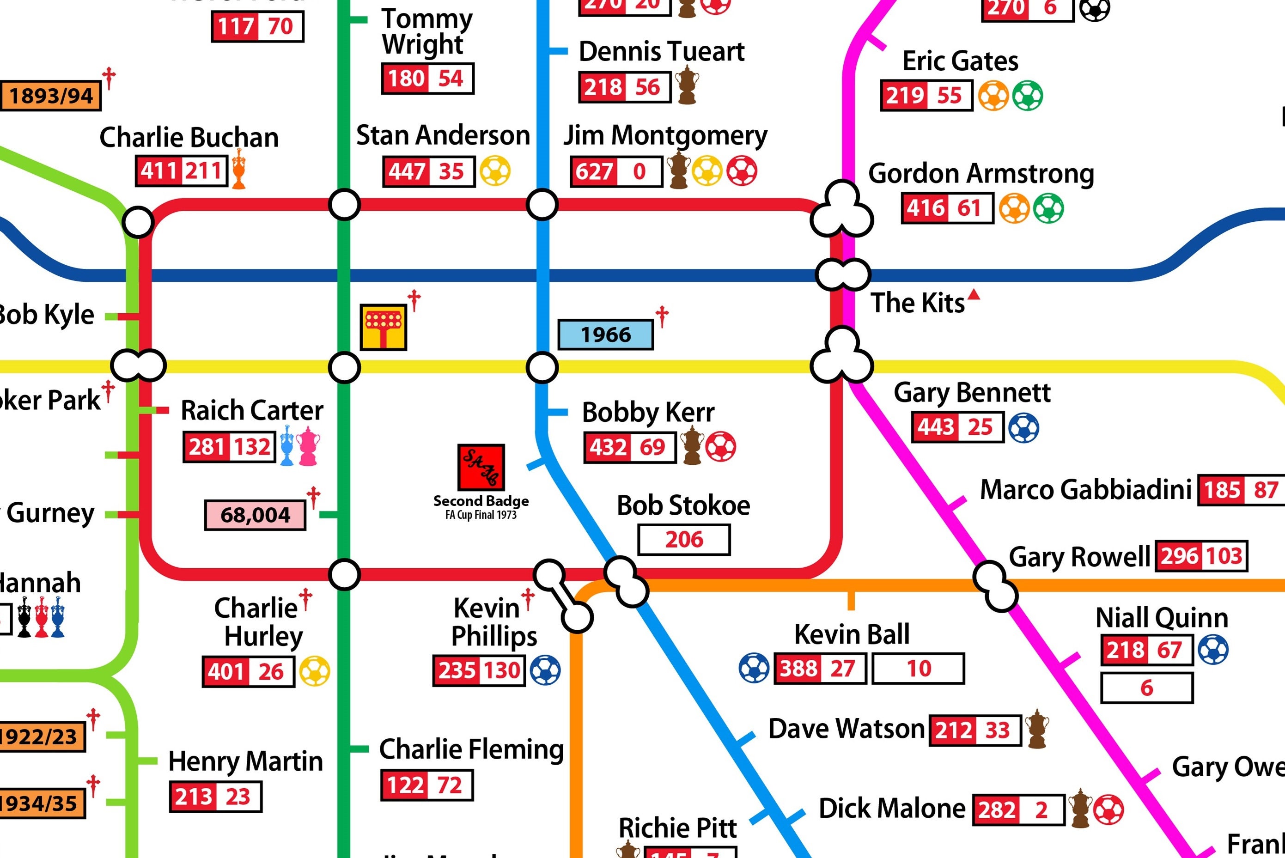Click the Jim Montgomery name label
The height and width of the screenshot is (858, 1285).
pos(665,136)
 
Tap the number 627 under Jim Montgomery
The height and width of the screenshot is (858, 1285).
pos(594,172)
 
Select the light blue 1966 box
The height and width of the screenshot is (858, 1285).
pos(605,335)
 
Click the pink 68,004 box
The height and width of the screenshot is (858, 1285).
pos(255,515)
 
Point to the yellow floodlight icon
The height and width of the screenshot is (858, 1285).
pos(383,327)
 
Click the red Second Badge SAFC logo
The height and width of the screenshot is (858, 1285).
pos(481,467)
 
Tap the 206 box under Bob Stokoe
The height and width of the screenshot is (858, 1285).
pos(683,540)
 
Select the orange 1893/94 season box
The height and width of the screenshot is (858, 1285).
pos(50,96)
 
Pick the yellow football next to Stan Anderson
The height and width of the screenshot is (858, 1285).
pos(495,171)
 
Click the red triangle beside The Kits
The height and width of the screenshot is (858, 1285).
pos(973,296)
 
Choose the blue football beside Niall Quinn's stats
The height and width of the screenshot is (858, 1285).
pos(1213,650)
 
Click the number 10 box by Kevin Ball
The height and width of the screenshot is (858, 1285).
pos(918,668)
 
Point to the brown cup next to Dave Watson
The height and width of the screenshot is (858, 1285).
pos(1036,729)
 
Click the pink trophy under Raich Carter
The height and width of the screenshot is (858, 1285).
pos(308,446)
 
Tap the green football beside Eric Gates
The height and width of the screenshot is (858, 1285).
pos(1027,96)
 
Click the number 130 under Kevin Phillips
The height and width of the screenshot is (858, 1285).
pos(502,670)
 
